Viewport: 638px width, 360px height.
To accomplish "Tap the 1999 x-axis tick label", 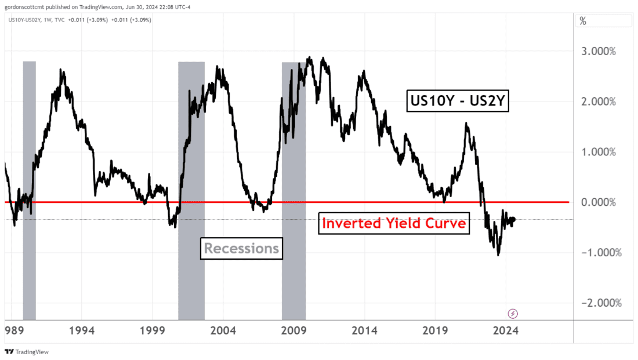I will pos(153,331).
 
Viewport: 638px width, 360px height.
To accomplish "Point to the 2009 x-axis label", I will pos(294,331).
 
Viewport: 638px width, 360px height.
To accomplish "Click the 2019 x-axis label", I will pos(436,331).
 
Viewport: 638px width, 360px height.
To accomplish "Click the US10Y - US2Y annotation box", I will pos(458,103).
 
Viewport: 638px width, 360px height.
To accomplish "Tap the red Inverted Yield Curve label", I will pos(394,223).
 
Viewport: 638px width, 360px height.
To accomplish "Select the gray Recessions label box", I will pos(241,249).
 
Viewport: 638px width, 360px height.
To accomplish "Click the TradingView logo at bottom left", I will pos(27,352).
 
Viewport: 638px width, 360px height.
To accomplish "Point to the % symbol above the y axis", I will pos(583,21).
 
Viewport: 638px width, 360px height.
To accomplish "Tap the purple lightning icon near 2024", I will pos(513,314).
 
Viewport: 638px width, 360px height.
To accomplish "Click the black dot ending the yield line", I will pos(513,219).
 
